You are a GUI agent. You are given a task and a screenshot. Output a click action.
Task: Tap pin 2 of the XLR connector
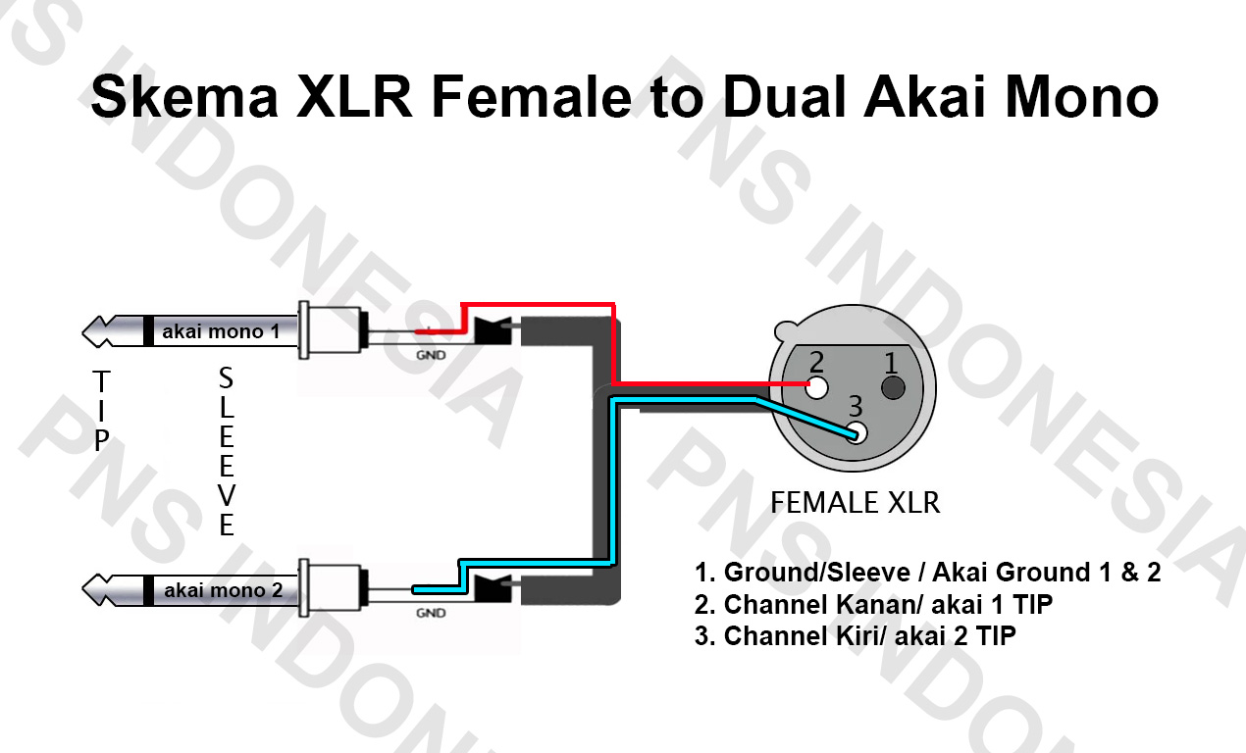[816, 385]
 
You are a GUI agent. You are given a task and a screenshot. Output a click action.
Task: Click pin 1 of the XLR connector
[892, 387]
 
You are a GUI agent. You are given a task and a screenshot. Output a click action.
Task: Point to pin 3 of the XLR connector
[857, 432]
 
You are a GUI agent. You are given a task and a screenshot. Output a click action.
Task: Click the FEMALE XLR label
[855, 503]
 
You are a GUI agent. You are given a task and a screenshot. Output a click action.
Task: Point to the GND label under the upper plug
[430, 355]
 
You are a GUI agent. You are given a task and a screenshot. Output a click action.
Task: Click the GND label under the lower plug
[430, 614]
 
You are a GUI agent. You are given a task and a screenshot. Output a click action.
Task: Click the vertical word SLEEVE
[226, 452]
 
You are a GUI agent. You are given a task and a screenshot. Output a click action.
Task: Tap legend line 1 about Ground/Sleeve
[927, 573]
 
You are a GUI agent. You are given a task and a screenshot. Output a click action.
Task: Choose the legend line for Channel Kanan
[873, 604]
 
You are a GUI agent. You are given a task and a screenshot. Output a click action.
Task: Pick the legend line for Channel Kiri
[855, 636]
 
